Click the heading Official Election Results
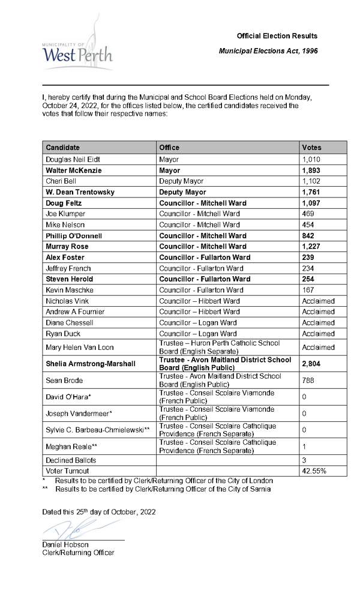tap(277, 36)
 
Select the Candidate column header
tap(62, 148)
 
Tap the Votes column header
tap(311, 148)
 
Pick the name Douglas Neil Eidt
tap(73, 160)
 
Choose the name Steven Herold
tap(70, 279)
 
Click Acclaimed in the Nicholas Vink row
tap(318, 301)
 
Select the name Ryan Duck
tap(63, 334)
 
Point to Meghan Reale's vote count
tap(305, 447)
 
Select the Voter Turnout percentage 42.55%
tap(314, 471)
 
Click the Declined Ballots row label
tap(70, 460)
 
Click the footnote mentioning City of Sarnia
tap(162, 489)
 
